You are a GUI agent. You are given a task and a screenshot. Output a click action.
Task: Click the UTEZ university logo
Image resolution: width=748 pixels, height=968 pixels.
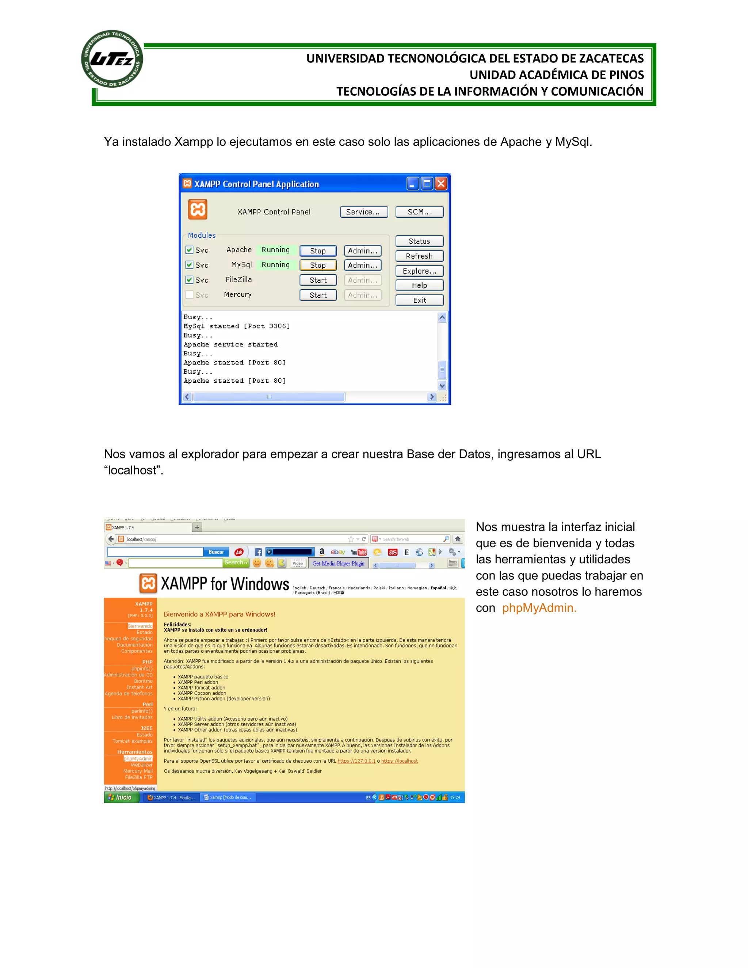point(112,59)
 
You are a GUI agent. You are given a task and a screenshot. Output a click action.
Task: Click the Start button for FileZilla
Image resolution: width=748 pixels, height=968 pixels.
point(318,280)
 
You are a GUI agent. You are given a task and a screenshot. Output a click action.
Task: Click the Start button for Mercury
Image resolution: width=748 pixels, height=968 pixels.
point(318,295)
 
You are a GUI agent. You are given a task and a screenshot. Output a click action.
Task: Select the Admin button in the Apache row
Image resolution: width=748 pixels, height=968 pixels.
point(362,251)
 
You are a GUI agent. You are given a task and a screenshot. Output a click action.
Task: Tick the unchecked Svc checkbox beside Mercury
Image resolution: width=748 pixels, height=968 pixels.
point(190,295)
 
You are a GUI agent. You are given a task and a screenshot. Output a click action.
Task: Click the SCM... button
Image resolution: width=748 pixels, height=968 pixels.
point(419,212)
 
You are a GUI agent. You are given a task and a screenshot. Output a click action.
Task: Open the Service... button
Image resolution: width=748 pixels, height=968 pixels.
point(363,212)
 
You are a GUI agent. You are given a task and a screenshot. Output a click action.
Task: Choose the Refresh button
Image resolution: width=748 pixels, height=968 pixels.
point(419,256)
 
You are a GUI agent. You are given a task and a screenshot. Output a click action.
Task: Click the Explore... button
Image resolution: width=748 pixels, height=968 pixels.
point(419,271)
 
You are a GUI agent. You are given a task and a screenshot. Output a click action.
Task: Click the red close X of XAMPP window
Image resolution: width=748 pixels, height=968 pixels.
point(441,183)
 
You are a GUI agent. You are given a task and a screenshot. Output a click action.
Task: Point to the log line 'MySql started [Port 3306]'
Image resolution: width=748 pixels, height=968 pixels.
point(237,326)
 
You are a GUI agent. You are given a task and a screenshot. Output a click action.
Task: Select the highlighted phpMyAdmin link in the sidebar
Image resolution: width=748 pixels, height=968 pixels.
point(138,758)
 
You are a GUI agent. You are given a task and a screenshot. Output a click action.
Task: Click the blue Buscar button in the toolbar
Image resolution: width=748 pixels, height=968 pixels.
point(216,552)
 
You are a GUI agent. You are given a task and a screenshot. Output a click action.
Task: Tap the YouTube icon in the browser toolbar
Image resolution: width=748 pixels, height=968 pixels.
point(359,552)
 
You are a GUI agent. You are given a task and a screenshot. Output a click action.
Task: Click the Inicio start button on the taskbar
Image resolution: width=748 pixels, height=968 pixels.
point(121,797)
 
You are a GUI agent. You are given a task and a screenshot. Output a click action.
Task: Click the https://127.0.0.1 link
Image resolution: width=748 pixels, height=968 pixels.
point(356,761)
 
